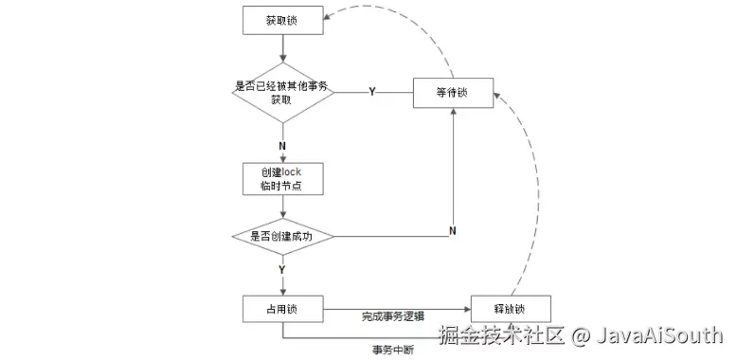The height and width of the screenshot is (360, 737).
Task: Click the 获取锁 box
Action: (x=283, y=20)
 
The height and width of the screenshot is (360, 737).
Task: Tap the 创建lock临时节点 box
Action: (x=283, y=177)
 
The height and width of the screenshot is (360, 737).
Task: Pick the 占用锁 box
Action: (x=283, y=309)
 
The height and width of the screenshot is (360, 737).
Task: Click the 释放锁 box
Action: (x=510, y=309)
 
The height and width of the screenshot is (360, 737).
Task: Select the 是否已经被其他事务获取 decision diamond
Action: (x=283, y=92)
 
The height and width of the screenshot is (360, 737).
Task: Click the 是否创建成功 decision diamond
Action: (x=283, y=236)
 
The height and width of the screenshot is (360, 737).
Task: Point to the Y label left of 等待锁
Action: (x=371, y=92)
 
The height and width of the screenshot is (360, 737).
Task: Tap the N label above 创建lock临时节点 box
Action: (x=282, y=145)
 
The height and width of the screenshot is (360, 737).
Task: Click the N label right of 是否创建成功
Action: (x=453, y=230)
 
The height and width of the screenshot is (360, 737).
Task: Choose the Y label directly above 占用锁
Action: (x=282, y=270)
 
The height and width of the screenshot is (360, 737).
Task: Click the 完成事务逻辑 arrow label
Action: (x=392, y=315)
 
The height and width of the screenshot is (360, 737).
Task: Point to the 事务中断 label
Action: (x=392, y=348)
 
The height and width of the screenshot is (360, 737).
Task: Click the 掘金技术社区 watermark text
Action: (x=499, y=334)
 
